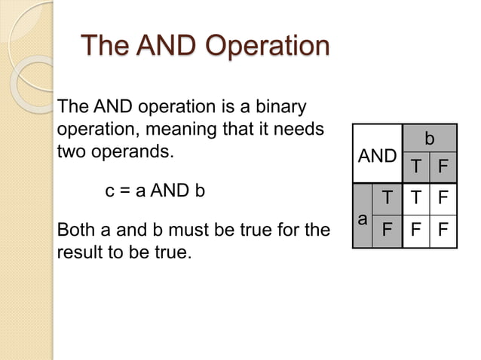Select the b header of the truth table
coord(429,139)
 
